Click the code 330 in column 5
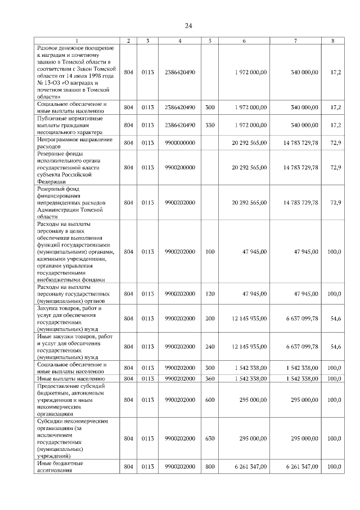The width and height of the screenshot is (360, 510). pyautogui.click(x=210, y=124)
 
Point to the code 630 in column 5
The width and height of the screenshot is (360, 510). pyautogui.click(x=210, y=438)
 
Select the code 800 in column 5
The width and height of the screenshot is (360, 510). pyautogui.click(x=210, y=467)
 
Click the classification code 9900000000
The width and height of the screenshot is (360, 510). pyautogui.click(x=180, y=142)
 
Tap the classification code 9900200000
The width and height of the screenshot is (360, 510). pyautogui.click(x=180, y=168)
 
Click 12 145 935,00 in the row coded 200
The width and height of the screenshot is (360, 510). pyautogui.click(x=251, y=318)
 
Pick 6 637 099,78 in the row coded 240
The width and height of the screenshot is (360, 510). pyautogui.click(x=298, y=343)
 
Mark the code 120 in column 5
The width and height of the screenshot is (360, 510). pyautogui.click(x=210, y=293)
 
